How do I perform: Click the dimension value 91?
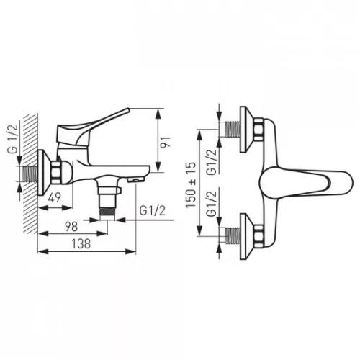(165, 143)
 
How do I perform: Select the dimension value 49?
(55, 197)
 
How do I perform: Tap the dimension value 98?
(71, 227)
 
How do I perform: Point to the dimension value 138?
(81, 243)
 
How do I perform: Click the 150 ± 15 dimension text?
(191, 185)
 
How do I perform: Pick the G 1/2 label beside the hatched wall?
(13, 139)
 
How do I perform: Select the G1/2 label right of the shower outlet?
(153, 211)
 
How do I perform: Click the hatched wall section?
(30, 174)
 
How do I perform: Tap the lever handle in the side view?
(91, 127)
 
